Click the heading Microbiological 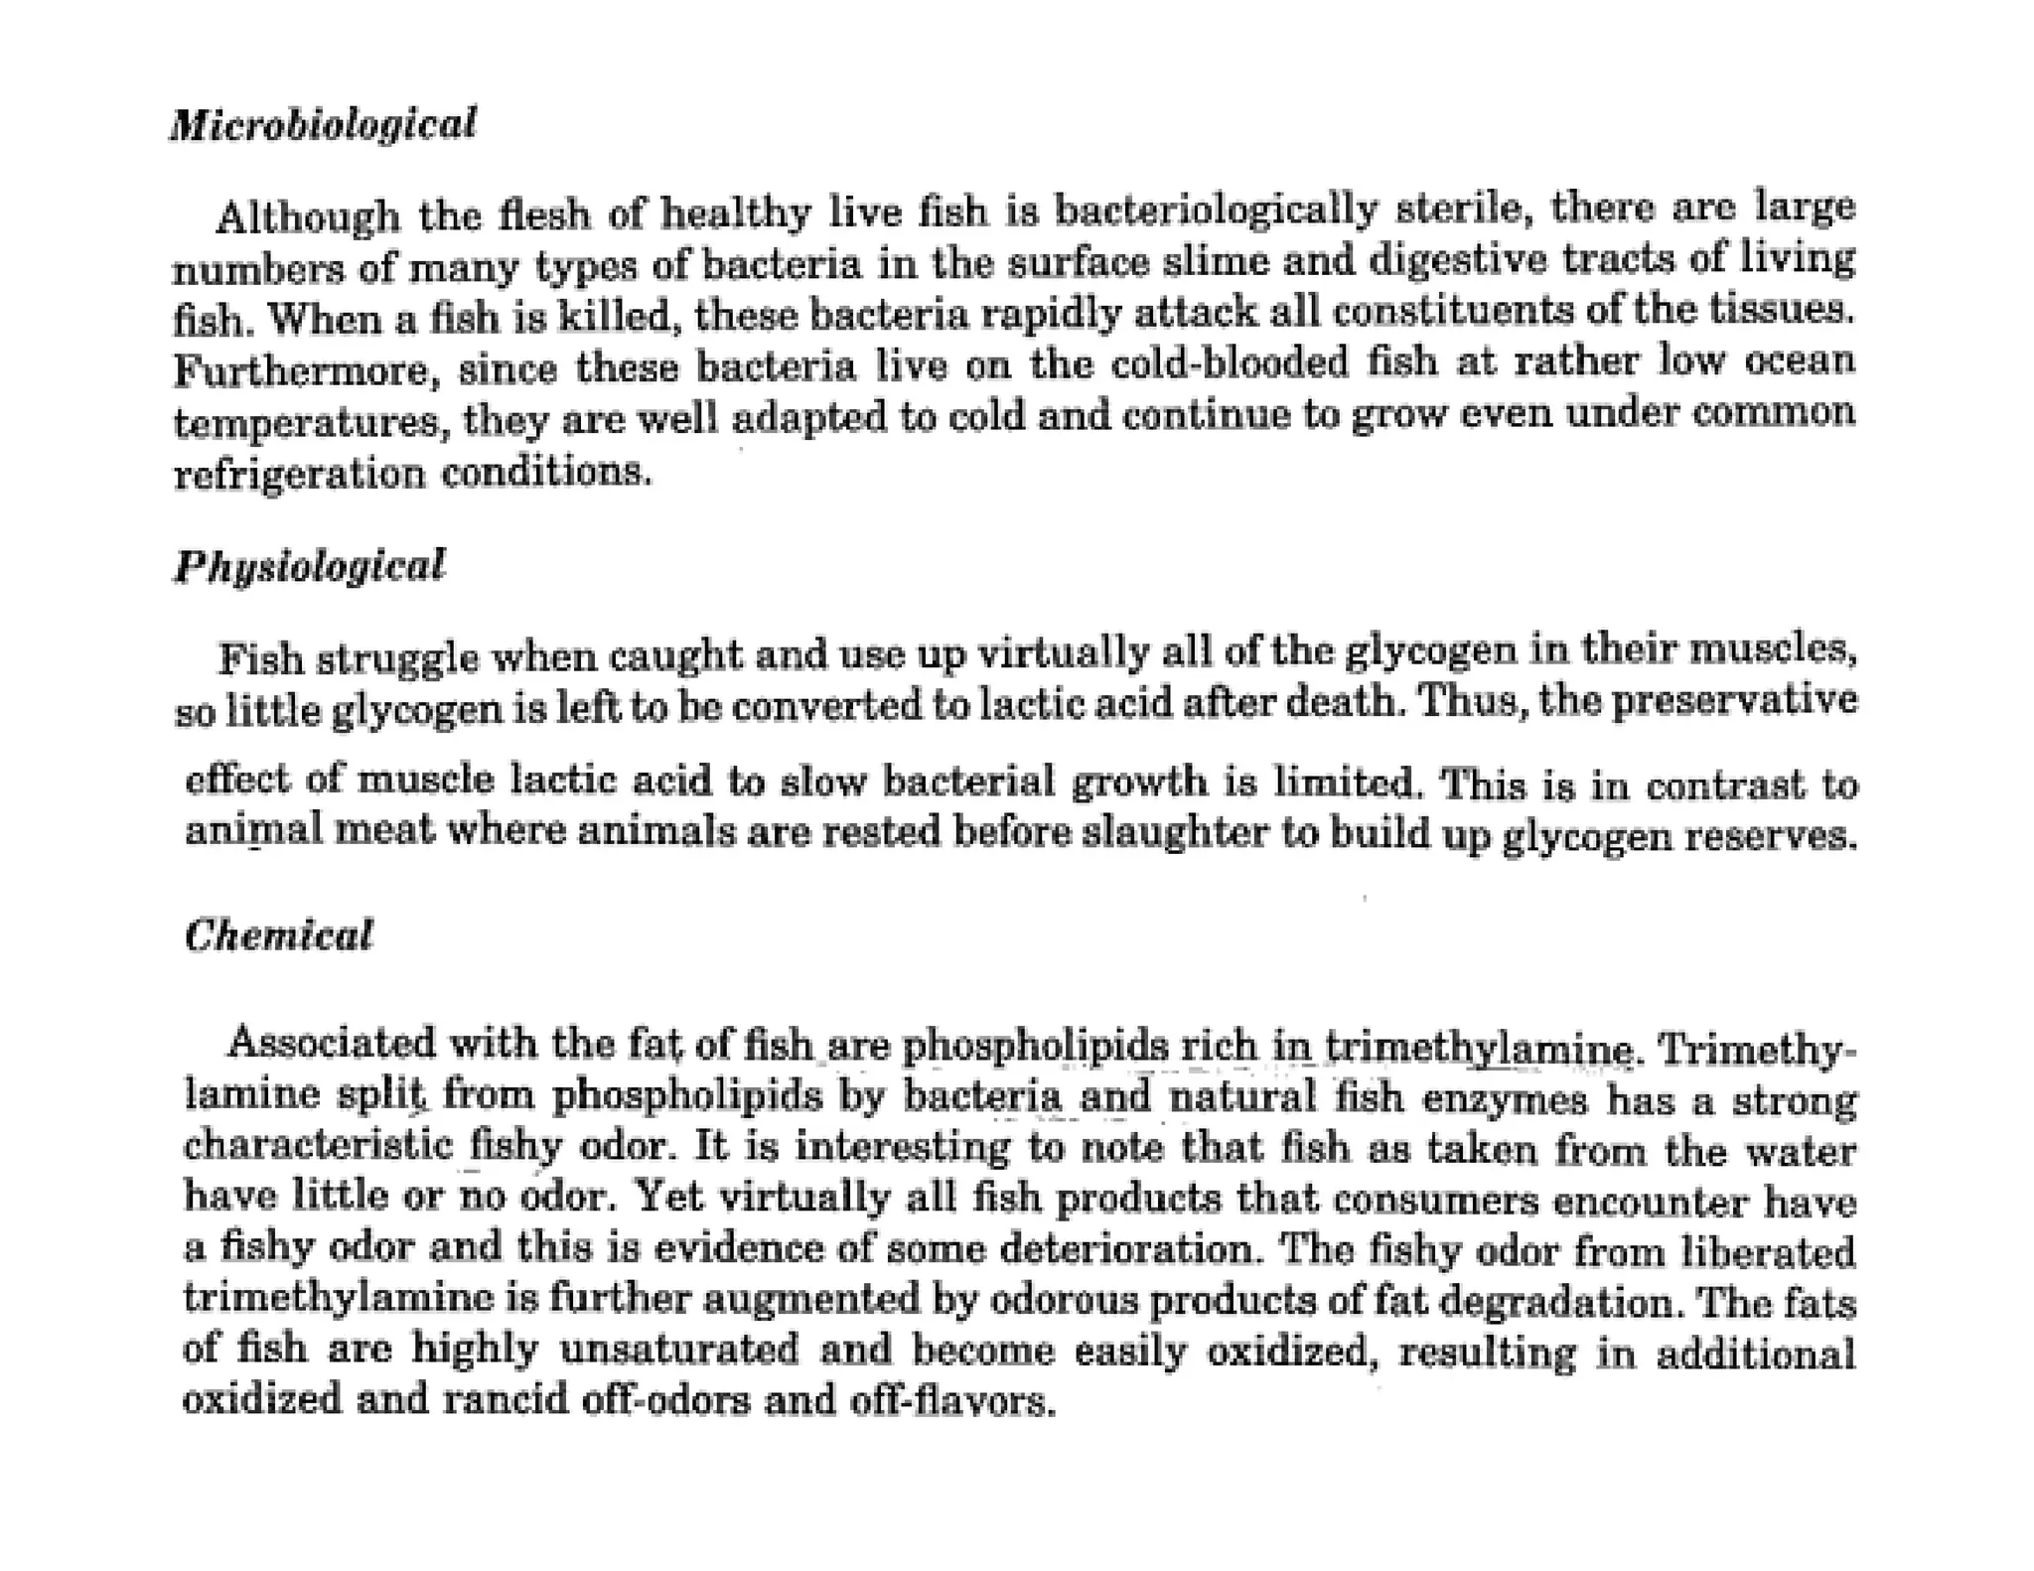[323, 125]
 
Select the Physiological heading [310, 566]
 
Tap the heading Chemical [279, 935]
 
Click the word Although [308, 216]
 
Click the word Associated [331, 1044]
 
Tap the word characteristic [318, 1146]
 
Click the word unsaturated [678, 1350]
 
